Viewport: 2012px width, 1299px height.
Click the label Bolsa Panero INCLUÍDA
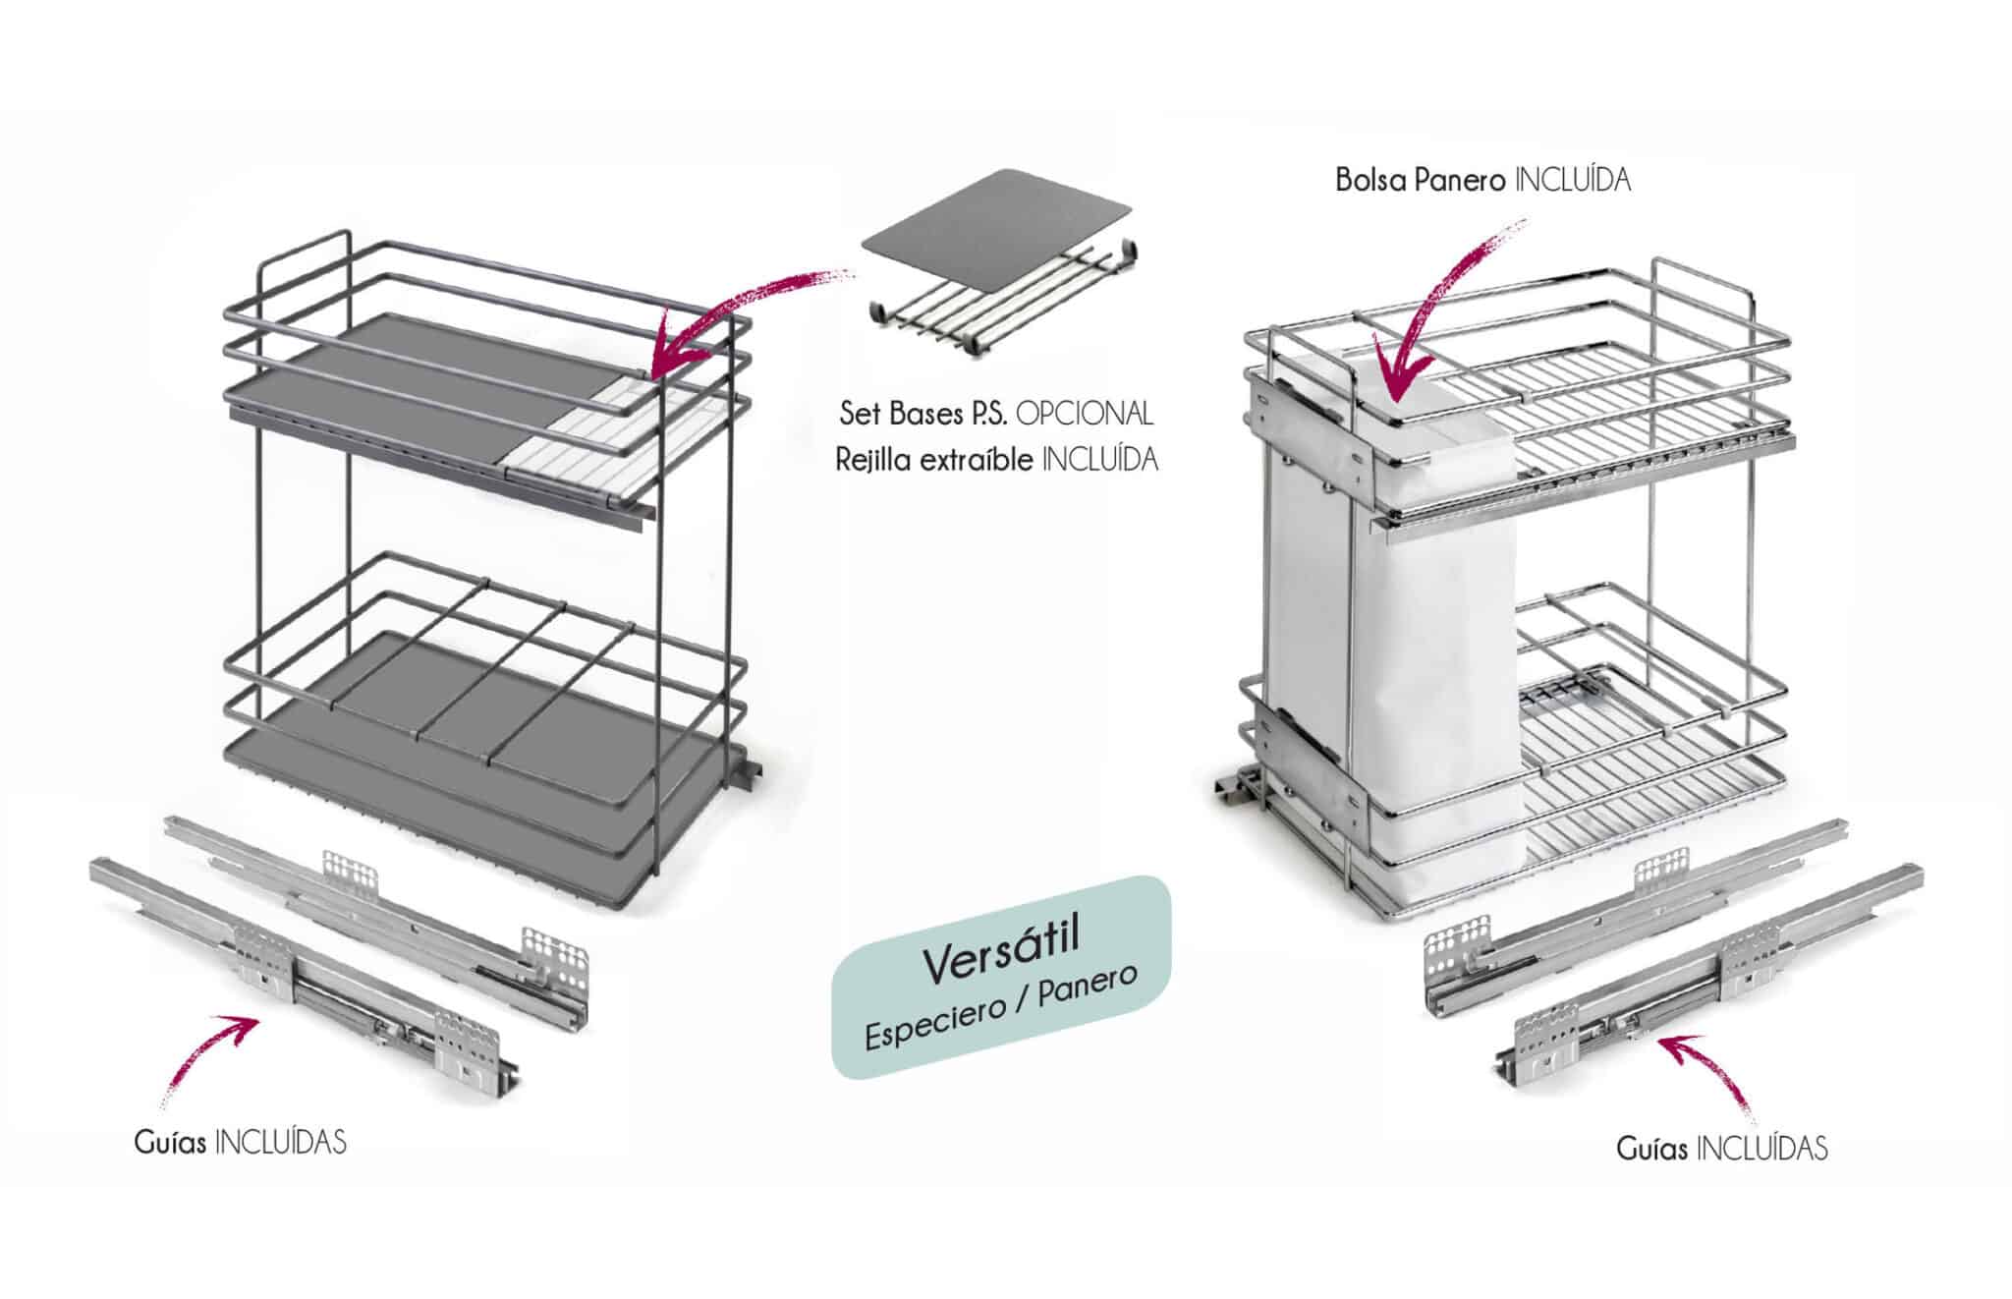tap(1482, 181)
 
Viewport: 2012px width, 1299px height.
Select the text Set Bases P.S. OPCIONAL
tap(995, 414)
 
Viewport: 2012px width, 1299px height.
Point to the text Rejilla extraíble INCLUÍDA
tap(996, 460)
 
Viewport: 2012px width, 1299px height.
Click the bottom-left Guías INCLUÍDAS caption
tap(241, 1142)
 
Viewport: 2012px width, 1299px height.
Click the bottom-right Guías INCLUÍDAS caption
tap(1722, 1148)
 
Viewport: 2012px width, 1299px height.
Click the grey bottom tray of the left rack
tap(442, 776)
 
